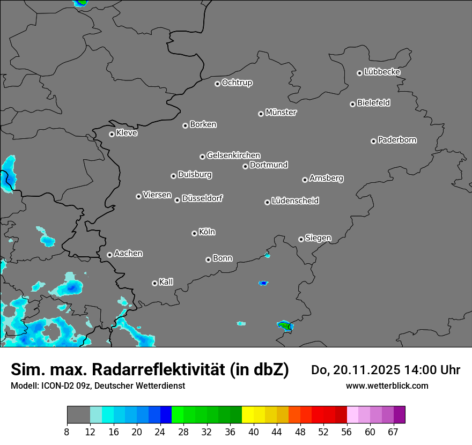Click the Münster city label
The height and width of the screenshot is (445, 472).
point(281,113)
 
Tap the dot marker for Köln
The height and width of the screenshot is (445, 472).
point(194,233)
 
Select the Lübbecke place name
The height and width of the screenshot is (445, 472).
point(382,72)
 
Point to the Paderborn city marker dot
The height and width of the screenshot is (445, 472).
point(373,141)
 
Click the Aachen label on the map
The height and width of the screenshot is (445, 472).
point(128,254)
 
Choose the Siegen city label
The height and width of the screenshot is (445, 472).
point(318,238)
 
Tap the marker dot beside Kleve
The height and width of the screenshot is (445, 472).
point(112,134)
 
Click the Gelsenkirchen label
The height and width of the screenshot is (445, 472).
point(233,155)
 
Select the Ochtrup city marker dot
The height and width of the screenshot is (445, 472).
point(217,84)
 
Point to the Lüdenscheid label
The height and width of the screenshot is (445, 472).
point(295,201)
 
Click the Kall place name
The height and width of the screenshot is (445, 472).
point(166,282)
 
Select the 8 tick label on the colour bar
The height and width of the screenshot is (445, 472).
point(67,432)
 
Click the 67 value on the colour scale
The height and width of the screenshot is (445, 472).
point(393,432)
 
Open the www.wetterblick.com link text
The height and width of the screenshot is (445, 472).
point(387,385)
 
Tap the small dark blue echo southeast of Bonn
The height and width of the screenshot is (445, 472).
point(263,283)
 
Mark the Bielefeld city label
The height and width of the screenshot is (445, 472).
point(373,103)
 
